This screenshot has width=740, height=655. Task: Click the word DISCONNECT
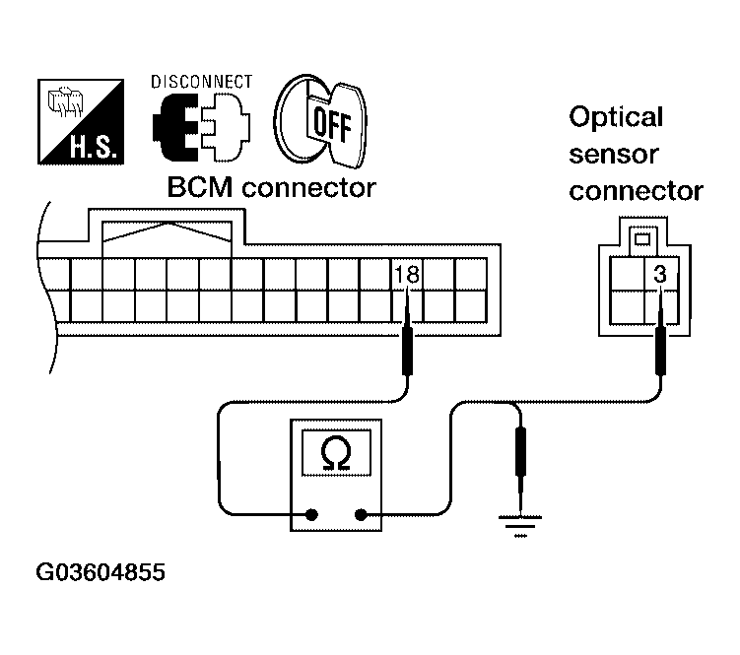coord(201,82)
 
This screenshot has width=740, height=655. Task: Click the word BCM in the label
coord(201,187)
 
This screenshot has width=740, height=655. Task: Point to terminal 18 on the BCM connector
coord(406,275)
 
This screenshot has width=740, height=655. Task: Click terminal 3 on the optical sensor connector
coord(660,276)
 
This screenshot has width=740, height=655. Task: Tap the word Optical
coord(616,118)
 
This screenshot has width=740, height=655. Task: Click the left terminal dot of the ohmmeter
coord(311,513)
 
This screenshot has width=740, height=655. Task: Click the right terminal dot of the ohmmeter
coord(361,513)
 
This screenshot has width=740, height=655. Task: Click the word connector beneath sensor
coord(636,190)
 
